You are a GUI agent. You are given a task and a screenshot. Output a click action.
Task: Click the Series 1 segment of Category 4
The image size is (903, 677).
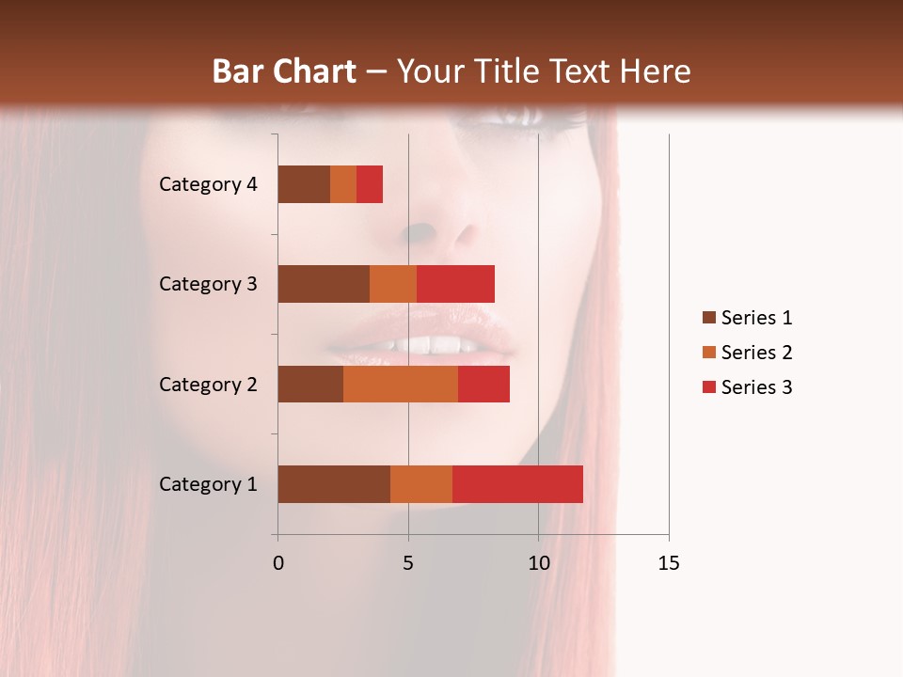point(304,184)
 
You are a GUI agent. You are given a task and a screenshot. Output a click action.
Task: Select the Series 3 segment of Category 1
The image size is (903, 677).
point(517,484)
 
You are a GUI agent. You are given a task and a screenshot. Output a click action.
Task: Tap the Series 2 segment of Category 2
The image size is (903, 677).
point(401,384)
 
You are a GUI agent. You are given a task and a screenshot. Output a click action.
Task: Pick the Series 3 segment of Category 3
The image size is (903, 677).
point(455,284)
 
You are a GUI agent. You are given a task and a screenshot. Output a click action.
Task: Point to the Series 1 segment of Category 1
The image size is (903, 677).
point(334,484)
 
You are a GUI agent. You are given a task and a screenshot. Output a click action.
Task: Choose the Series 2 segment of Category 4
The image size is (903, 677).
point(343,184)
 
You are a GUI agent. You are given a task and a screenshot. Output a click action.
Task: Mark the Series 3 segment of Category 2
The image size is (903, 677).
point(483,384)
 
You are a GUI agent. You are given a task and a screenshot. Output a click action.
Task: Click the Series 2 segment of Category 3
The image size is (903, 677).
point(393,284)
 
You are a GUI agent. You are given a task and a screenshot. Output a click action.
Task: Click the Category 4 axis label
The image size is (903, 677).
point(208,184)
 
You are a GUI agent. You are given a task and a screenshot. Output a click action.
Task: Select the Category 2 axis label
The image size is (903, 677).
point(208,384)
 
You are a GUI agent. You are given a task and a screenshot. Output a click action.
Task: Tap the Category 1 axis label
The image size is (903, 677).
point(208,484)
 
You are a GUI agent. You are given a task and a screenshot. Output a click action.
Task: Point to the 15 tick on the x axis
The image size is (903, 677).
point(668,563)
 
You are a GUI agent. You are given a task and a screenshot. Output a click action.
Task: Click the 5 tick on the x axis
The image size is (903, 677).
point(408,563)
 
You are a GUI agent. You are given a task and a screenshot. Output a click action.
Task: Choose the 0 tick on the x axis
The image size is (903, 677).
point(278,563)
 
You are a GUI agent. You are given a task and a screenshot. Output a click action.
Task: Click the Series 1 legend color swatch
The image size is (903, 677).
point(708,318)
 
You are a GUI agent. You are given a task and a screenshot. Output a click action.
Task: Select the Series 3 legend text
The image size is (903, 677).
point(756,387)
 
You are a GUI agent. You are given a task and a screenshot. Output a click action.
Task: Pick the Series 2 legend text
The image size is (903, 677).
point(756,353)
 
